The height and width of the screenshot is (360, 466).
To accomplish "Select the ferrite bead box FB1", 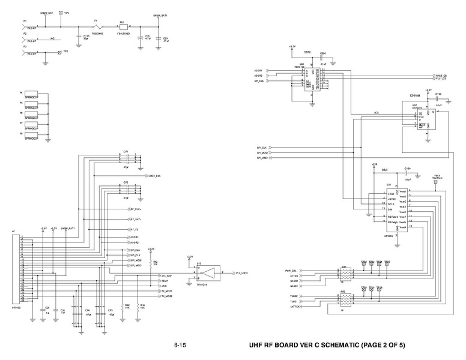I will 123,27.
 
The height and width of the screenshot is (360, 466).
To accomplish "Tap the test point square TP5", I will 60,13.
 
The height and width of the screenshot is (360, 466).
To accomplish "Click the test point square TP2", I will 59,53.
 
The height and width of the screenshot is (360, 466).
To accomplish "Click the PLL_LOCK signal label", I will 242,272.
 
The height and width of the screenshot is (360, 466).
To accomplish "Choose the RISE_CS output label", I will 440,76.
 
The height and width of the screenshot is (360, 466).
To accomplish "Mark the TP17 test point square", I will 437,179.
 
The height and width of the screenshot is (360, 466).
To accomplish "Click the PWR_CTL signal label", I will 292,271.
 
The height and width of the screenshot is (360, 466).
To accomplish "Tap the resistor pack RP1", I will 345,275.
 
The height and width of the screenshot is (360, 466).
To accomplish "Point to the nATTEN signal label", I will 294,307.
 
